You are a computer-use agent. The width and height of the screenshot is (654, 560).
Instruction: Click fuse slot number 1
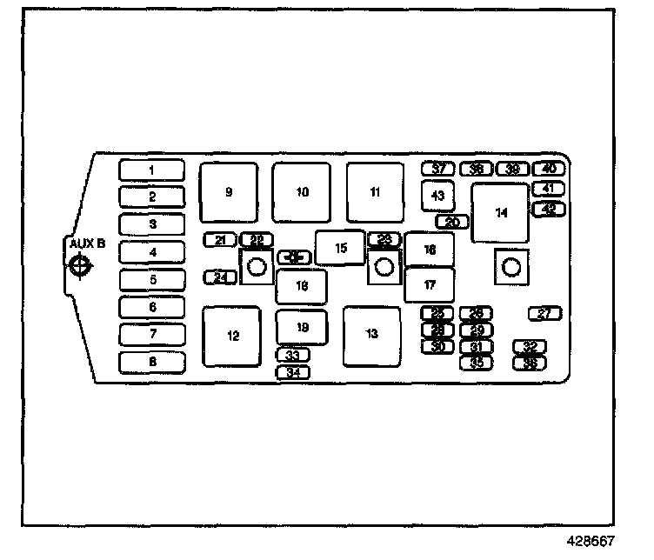tap(151, 170)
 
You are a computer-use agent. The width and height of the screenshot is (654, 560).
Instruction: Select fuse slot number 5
tap(151, 280)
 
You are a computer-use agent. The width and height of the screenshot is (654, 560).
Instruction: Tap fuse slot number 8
tap(151, 362)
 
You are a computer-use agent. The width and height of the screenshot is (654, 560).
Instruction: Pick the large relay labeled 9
tap(229, 192)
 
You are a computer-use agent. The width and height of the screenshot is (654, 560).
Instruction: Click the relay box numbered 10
tap(301, 192)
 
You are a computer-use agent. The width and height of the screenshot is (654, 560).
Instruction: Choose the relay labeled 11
tap(375, 192)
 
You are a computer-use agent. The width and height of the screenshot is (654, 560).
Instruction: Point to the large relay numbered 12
tap(231, 337)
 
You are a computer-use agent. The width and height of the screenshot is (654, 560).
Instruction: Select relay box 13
tap(371, 336)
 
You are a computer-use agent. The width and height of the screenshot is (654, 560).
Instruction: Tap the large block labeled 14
tap(500, 213)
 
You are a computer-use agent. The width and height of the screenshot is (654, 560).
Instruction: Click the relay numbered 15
tap(340, 248)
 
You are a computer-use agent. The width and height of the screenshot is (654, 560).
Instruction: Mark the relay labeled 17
tap(430, 284)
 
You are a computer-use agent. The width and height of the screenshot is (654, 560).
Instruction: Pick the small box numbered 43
tap(437, 196)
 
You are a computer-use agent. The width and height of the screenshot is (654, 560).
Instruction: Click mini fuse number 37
tap(438, 169)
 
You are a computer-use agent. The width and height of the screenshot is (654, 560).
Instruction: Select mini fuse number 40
tap(550, 169)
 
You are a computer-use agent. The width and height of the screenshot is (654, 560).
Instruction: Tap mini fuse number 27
tap(545, 314)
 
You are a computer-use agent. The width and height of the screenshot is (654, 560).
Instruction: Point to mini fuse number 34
tap(293, 372)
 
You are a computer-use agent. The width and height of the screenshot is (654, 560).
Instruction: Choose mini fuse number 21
tap(220, 240)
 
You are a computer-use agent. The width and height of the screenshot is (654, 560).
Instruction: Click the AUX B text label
tap(87, 244)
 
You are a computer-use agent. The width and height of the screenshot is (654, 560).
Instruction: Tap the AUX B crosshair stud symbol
tap(80, 266)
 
